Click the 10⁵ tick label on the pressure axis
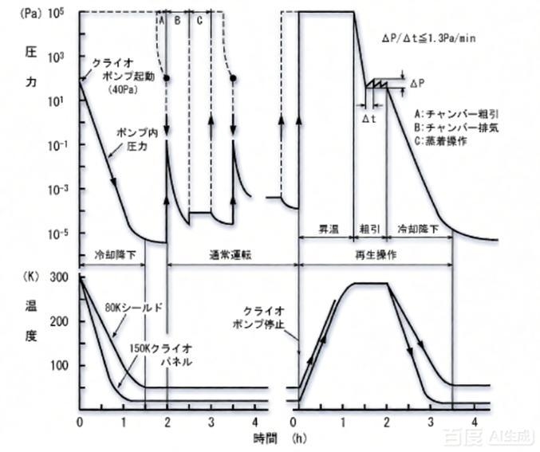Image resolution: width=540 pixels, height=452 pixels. pyautogui.click(x=61, y=13)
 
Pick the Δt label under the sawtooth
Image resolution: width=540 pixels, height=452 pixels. pyautogui.click(x=369, y=117)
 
